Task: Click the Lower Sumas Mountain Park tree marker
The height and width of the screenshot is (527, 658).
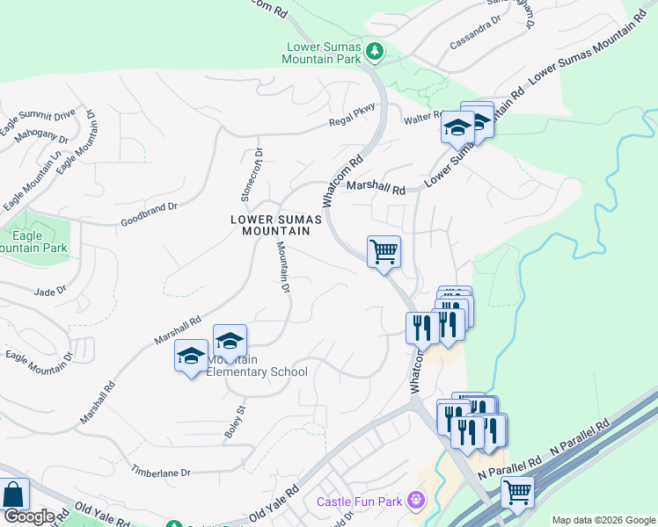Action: [376, 52]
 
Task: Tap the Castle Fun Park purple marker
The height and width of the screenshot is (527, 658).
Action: [416, 502]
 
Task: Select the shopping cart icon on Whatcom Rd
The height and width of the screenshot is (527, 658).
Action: [384, 252]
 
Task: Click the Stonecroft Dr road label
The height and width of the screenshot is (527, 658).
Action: [246, 172]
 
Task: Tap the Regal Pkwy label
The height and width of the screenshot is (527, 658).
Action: [353, 115]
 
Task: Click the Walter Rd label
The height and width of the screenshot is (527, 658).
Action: [422, 117]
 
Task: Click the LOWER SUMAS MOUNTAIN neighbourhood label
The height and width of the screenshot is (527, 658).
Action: [271, 225]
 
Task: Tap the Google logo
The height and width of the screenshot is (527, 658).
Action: [29, 516]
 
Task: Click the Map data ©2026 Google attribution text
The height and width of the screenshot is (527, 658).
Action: [603, 520]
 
